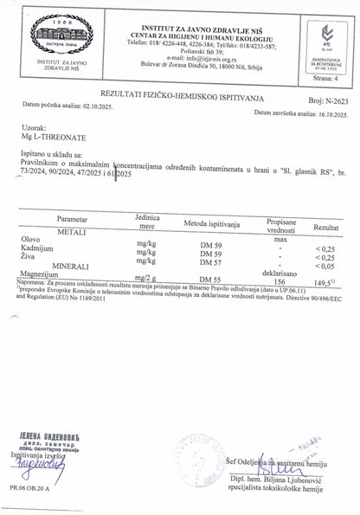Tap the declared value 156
point(280,280)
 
